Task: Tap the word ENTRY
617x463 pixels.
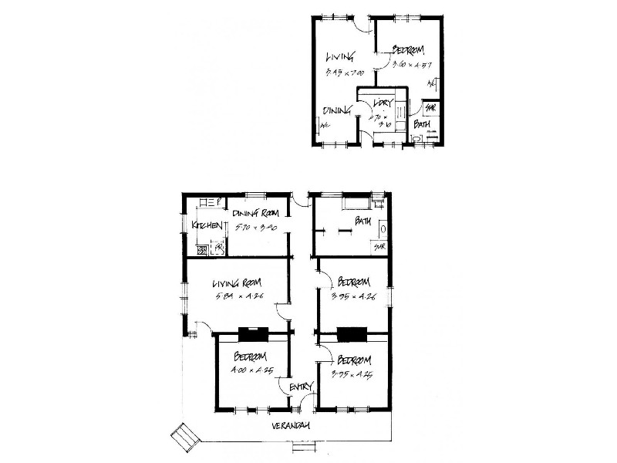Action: click(300, 387)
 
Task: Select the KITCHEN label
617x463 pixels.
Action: click(207, 225)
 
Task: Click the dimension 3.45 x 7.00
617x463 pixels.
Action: click(344, 73)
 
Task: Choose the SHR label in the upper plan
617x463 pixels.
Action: click(430, 108)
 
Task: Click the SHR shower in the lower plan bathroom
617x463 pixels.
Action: click(379, 247)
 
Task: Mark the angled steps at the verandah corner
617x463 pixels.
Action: click(185, 438)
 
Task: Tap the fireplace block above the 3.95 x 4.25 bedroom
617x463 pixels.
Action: click(353, 334)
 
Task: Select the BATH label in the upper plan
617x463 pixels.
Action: click(422, 123)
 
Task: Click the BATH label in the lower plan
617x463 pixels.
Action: click(363, 221)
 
